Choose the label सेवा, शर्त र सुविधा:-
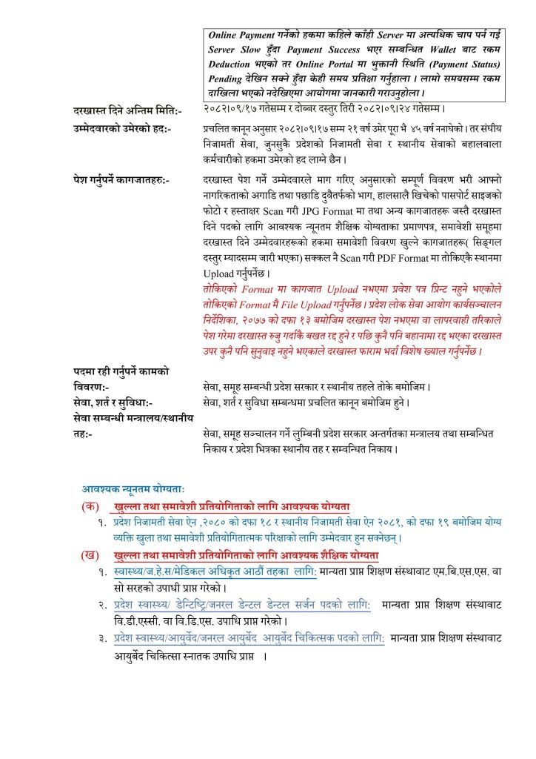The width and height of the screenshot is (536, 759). pos(113,402)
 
